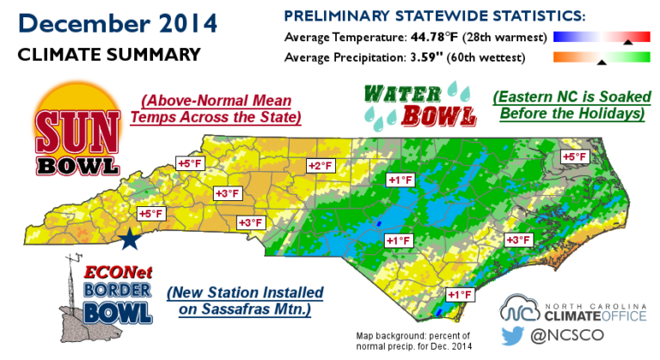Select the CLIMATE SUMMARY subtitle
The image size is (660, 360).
click(x=109, y=55)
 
